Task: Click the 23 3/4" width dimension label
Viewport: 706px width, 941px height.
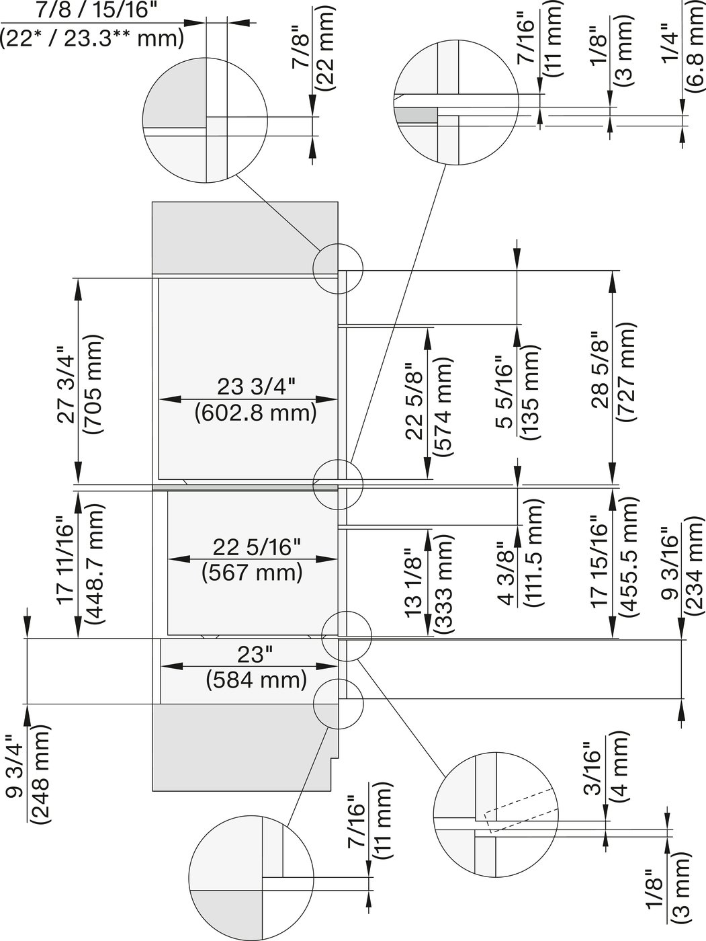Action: (256, 387)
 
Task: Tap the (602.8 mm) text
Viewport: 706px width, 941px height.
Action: (255, 412)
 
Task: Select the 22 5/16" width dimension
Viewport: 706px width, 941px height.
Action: (252, 547)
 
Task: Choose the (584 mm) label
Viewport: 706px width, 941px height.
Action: (256, 680)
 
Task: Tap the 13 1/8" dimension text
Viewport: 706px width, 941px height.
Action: (415, 583)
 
